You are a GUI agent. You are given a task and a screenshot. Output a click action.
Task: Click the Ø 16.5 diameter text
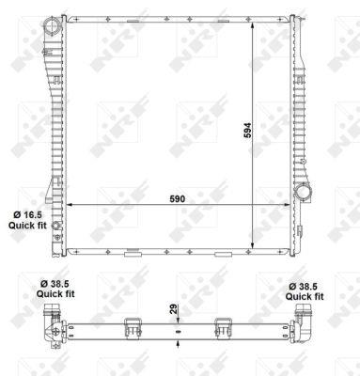coord(23,214)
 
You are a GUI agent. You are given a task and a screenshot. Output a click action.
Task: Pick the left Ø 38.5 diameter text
coord(52,283)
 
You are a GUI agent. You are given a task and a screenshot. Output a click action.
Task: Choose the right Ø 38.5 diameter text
coord(309,283)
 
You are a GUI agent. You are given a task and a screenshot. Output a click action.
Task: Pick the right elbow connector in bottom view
coord(305,325)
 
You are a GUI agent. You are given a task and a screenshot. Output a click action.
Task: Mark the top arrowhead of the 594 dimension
coord(253,21)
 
